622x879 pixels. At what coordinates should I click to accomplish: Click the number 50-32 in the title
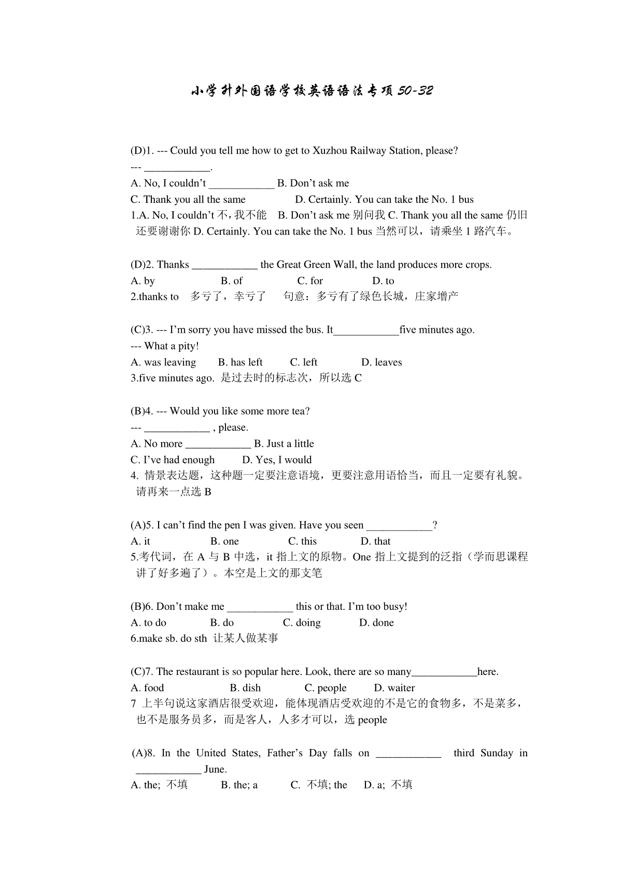click(x=415, y=91)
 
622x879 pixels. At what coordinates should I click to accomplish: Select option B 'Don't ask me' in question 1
click(x=313, y=183)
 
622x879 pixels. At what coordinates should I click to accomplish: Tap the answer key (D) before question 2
click(x=137, y=265)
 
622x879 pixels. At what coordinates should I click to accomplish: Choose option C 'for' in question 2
click(x=310, y=281)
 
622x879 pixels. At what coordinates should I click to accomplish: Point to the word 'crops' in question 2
click(x=477, y=265)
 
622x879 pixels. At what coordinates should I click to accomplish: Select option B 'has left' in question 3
click(x=240, y=362)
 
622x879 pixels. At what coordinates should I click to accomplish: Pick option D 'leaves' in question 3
click(x=381, y=362)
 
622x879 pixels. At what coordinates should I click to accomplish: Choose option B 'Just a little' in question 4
click(x=284, y=444)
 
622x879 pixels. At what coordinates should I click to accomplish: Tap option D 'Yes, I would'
click(x=277, y=460)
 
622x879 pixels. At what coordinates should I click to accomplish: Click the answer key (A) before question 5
click(x=137, y=525)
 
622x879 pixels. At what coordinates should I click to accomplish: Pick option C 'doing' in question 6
click(x=302, y=623)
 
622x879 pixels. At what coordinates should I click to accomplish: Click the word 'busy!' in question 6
click(x=394, y=606)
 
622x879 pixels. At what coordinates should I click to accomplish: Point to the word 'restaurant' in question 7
click(x=197, y=672)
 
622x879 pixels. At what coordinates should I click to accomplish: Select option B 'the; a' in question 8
click(x=239, y=785)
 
